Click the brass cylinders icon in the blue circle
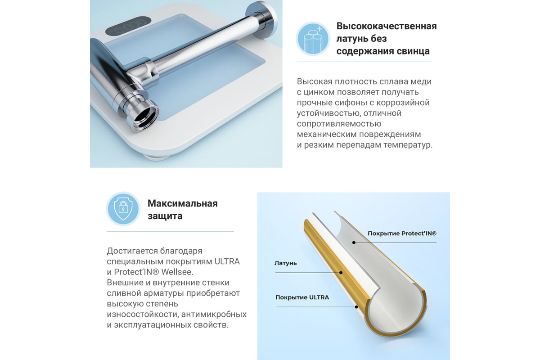click(x=313, y=39)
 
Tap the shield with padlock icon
click(x=123, y=209)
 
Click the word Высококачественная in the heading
click(x=387, y=26)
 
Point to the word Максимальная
click(x=183, y=203)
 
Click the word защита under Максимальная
click(x=165, y=216)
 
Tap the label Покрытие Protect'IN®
click(x=402, y=234)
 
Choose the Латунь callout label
click(x=285, y=263)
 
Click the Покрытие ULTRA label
click(x=302, y=297)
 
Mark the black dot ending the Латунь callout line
click(x=341, y=273)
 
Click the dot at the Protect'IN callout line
click(x=354, y=243)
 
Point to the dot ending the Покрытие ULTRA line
click(x=356, y=307)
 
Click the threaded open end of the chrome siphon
click(x=145, y=117)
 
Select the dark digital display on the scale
click(x=128, y=25)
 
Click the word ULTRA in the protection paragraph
click(x=227, y=261)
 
